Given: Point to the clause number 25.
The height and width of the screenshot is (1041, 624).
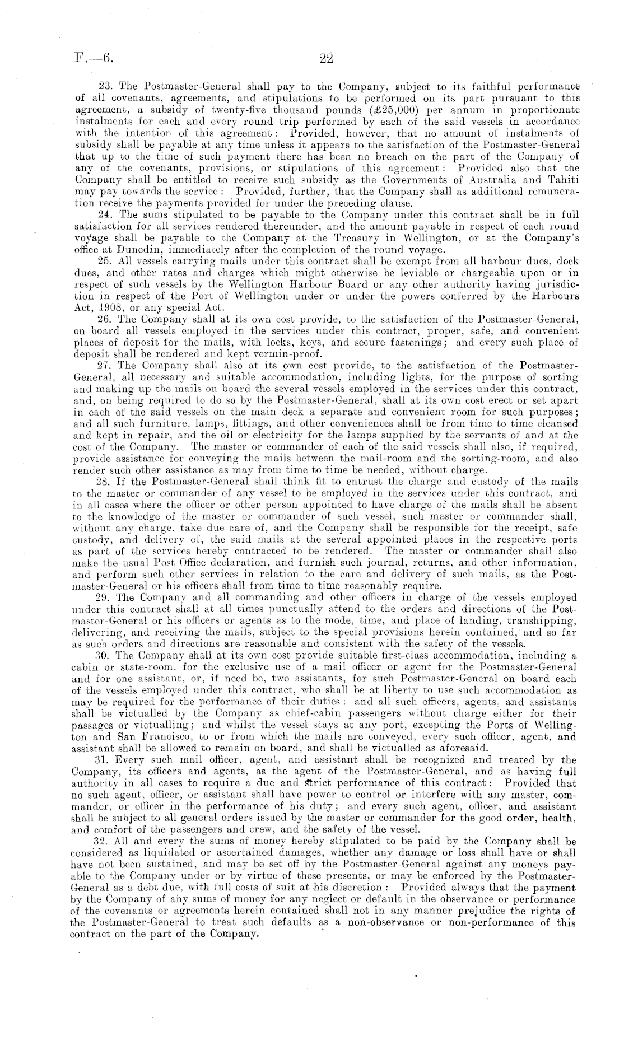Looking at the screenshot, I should (104, 261).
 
